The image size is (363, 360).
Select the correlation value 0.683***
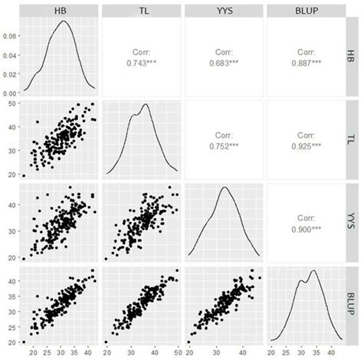(x=222, y=61)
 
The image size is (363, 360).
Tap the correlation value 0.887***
(x=303, y=61)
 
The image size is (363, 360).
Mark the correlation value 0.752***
(x=222, y=142)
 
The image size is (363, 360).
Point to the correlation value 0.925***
(x=303, y=142)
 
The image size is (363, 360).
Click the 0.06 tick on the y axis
(x=10, y=35)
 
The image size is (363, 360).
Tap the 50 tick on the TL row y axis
(x=13, y=103)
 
